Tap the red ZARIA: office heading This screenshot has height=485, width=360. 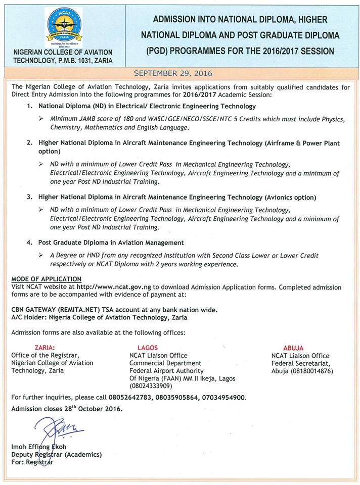(44, 348)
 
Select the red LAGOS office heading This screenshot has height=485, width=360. (148, 348)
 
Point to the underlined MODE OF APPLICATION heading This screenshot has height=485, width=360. (46, 279)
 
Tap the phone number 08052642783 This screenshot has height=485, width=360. (127, 398)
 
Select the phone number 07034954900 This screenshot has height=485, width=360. (224, 398)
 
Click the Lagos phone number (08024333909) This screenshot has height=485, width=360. (151, 386)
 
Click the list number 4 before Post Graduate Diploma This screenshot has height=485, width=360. (30, 243)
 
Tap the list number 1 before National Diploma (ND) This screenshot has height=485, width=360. (30, 106)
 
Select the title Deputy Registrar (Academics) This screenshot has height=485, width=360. (56, 455)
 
